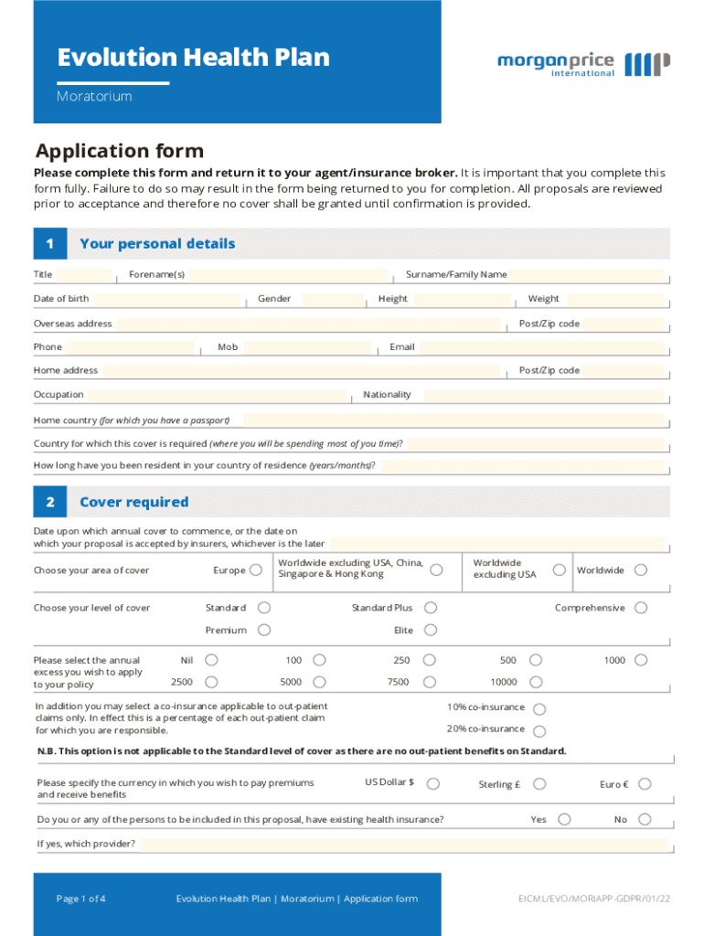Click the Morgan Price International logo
582,64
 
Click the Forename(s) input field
289,275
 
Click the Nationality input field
543,395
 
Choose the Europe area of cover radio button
256,570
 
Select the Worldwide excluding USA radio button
558,570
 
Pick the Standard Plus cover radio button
430,608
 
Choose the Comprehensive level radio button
641,608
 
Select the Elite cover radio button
430,630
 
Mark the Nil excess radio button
211,660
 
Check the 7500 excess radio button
430,682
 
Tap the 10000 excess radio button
536,682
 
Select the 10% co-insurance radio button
539,709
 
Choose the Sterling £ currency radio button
540,784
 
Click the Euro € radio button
645,784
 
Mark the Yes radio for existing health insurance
564,819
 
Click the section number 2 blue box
50,502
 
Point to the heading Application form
119,151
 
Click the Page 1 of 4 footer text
80,899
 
